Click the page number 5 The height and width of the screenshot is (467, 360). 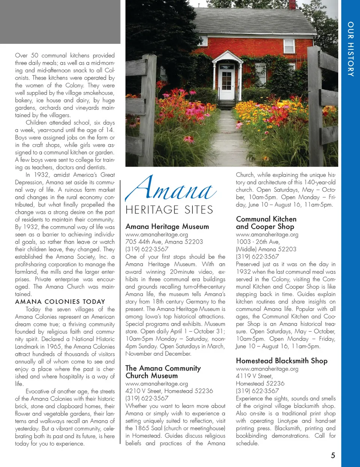(333, 455)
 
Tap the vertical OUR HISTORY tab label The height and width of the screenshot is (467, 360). (351, 49)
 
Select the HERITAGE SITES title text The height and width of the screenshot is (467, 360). (169, 210)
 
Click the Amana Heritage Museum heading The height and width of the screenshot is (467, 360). (167, 227)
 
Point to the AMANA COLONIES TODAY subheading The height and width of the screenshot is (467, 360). (60, 302)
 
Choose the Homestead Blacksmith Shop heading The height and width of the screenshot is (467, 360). (282, 361)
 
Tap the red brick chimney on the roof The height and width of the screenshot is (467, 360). (292, 5)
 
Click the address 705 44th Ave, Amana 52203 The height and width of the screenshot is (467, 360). (164, 242)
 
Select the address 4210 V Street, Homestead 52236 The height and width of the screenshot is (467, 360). (169, 391)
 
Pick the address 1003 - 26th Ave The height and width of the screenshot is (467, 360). (258, 242)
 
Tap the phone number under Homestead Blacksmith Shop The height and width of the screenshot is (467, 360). (257, 391)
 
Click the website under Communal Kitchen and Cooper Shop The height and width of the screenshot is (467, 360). (267, 234)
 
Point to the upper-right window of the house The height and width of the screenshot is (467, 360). (289, 46)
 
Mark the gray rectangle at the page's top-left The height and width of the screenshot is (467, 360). (60, 22)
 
